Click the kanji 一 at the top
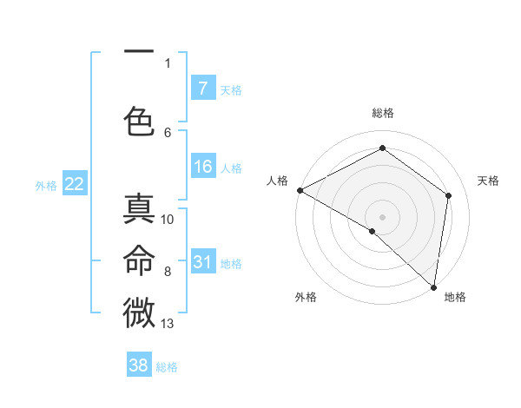(139, 53)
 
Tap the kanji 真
(139, 209)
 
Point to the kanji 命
(139, 260)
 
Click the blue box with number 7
(202, 89)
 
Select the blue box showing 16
(202, 167)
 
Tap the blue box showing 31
(202, 262)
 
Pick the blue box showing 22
(74, 184)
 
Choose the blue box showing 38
(139, 365)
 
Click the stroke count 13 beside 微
(168, 324)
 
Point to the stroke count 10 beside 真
(168, 219)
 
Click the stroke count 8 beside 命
(168, 271)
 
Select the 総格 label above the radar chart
(382, 113)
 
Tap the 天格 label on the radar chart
(488, 181)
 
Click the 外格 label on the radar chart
(306, 297)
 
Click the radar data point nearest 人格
(300, 190)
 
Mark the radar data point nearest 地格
(433, 286)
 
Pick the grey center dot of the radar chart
(382, 216)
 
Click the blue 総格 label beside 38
(167, 367)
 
